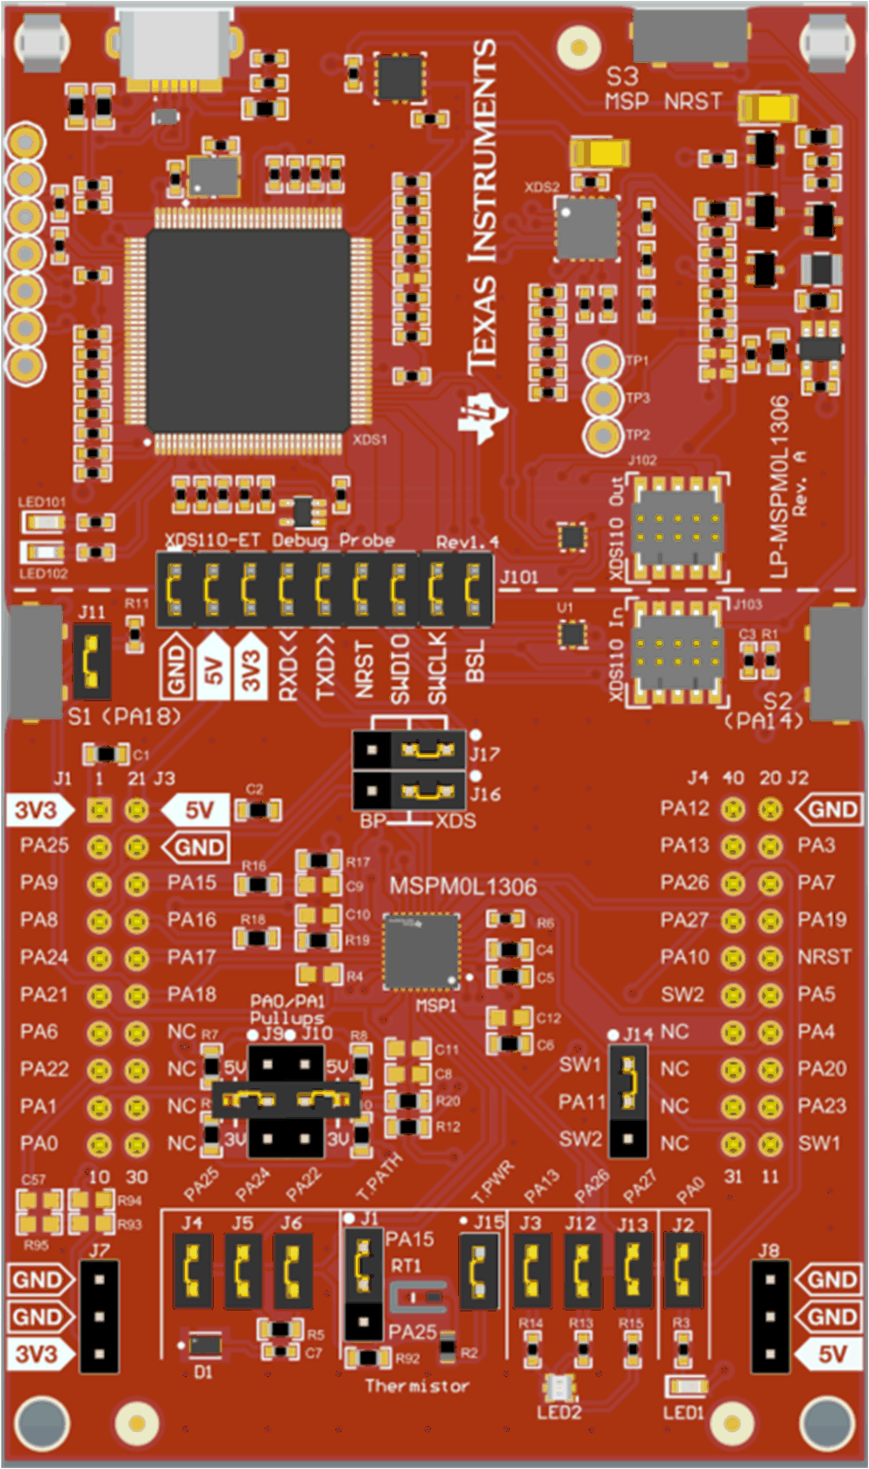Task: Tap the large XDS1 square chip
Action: point(249,330)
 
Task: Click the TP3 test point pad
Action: point(603,398)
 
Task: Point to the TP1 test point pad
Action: point(603,361)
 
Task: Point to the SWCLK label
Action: point(437,667)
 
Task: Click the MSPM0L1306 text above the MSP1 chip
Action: point(463,887)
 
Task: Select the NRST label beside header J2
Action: point(823,957)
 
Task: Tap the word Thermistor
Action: point(417,1386)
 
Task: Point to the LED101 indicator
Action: point(44,523)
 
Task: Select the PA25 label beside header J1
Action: point(45,846)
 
